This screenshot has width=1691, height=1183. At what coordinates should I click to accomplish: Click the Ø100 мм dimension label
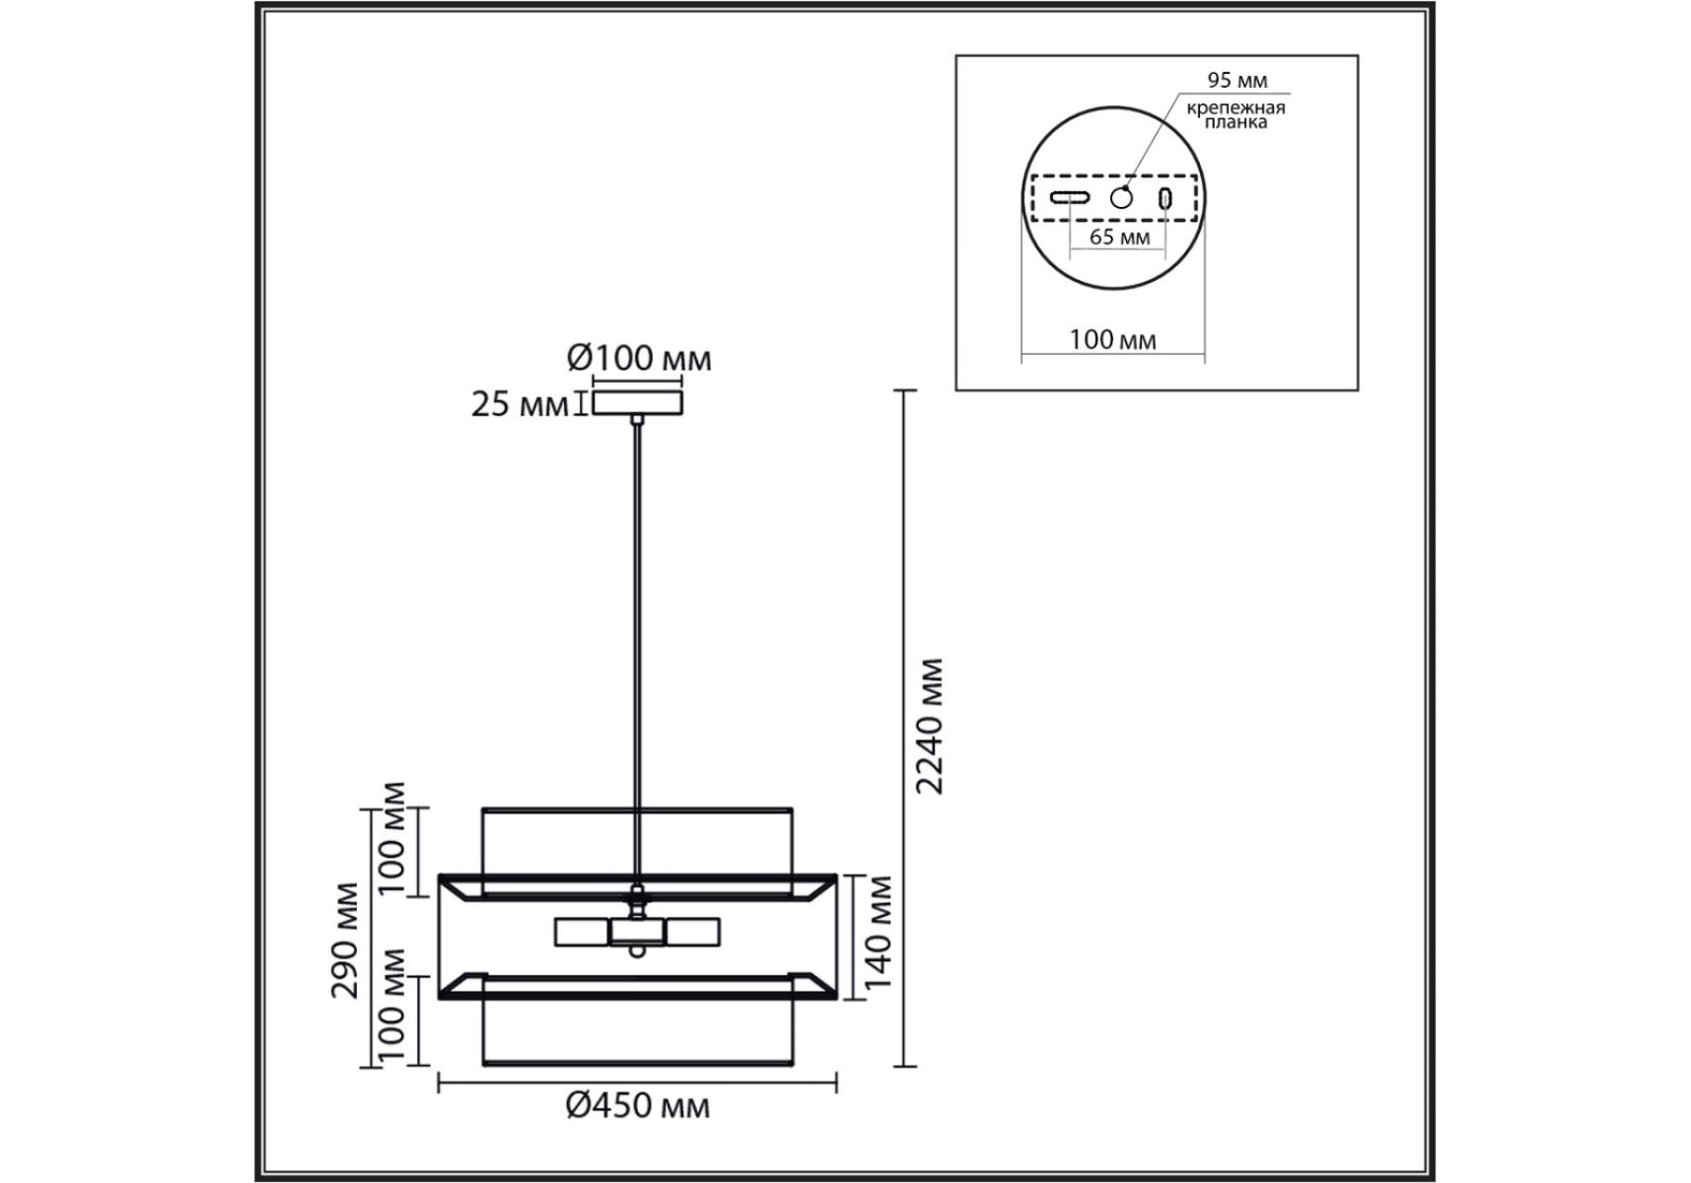coord(639,357)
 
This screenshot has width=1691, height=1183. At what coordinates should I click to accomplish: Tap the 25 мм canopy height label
coord(520,404)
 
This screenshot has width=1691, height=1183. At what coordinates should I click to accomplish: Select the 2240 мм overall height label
coord(929,726)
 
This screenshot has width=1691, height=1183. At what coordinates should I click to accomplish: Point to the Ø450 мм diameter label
coord(637,1105)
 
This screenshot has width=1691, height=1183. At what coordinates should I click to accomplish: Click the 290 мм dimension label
coord(345,939)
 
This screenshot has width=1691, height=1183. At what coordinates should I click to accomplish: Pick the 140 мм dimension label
coord(877,932)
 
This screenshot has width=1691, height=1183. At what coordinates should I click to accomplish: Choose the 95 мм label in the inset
coord(1237,80)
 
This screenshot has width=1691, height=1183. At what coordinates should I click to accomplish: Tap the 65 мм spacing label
coord(1119,237)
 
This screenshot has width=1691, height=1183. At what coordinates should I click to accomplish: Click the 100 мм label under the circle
coord(1112,339)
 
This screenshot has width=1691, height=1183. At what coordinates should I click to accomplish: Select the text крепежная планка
coord(1235,114)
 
